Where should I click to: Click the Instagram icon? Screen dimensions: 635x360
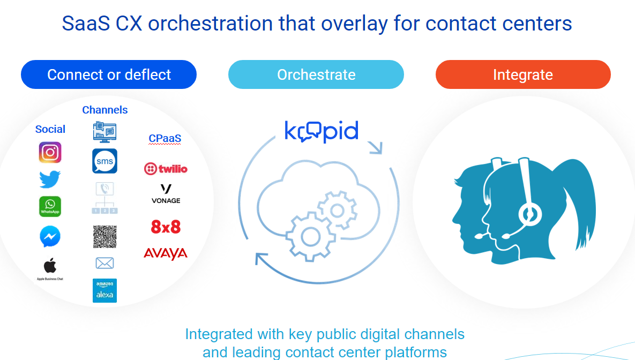(x=50, y=152)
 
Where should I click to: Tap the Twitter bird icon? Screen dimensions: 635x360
(x=50, y=179)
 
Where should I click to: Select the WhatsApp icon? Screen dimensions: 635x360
(x=50, y=207)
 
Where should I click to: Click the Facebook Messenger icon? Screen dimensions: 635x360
(x=50, y=236)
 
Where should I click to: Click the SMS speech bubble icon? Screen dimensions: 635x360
(x=104, y=161)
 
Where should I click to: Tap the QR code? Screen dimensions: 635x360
(x=105, y=236)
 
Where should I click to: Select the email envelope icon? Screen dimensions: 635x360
(x=104, y=263)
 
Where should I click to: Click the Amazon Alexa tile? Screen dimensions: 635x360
(x=104, y=290)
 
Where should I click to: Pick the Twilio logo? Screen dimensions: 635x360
(x=166, y=168)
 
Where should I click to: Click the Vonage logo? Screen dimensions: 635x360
(x=166, y=194)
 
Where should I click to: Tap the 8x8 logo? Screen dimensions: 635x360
(x=166, y=227)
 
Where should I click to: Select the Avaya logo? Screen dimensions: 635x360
(x=166, y=254)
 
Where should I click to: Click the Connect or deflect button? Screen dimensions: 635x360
(x=109, y=74)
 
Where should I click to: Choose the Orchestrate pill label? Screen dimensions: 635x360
(x=316, y=74)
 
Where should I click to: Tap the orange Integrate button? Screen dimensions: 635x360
(x=523, y=74)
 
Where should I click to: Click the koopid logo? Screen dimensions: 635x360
(x=322, y=131)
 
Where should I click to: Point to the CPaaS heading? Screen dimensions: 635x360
(x=165, y=139)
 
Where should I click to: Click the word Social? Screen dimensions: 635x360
(x=50, y=129)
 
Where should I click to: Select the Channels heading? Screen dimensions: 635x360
(x=105, y=110)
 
